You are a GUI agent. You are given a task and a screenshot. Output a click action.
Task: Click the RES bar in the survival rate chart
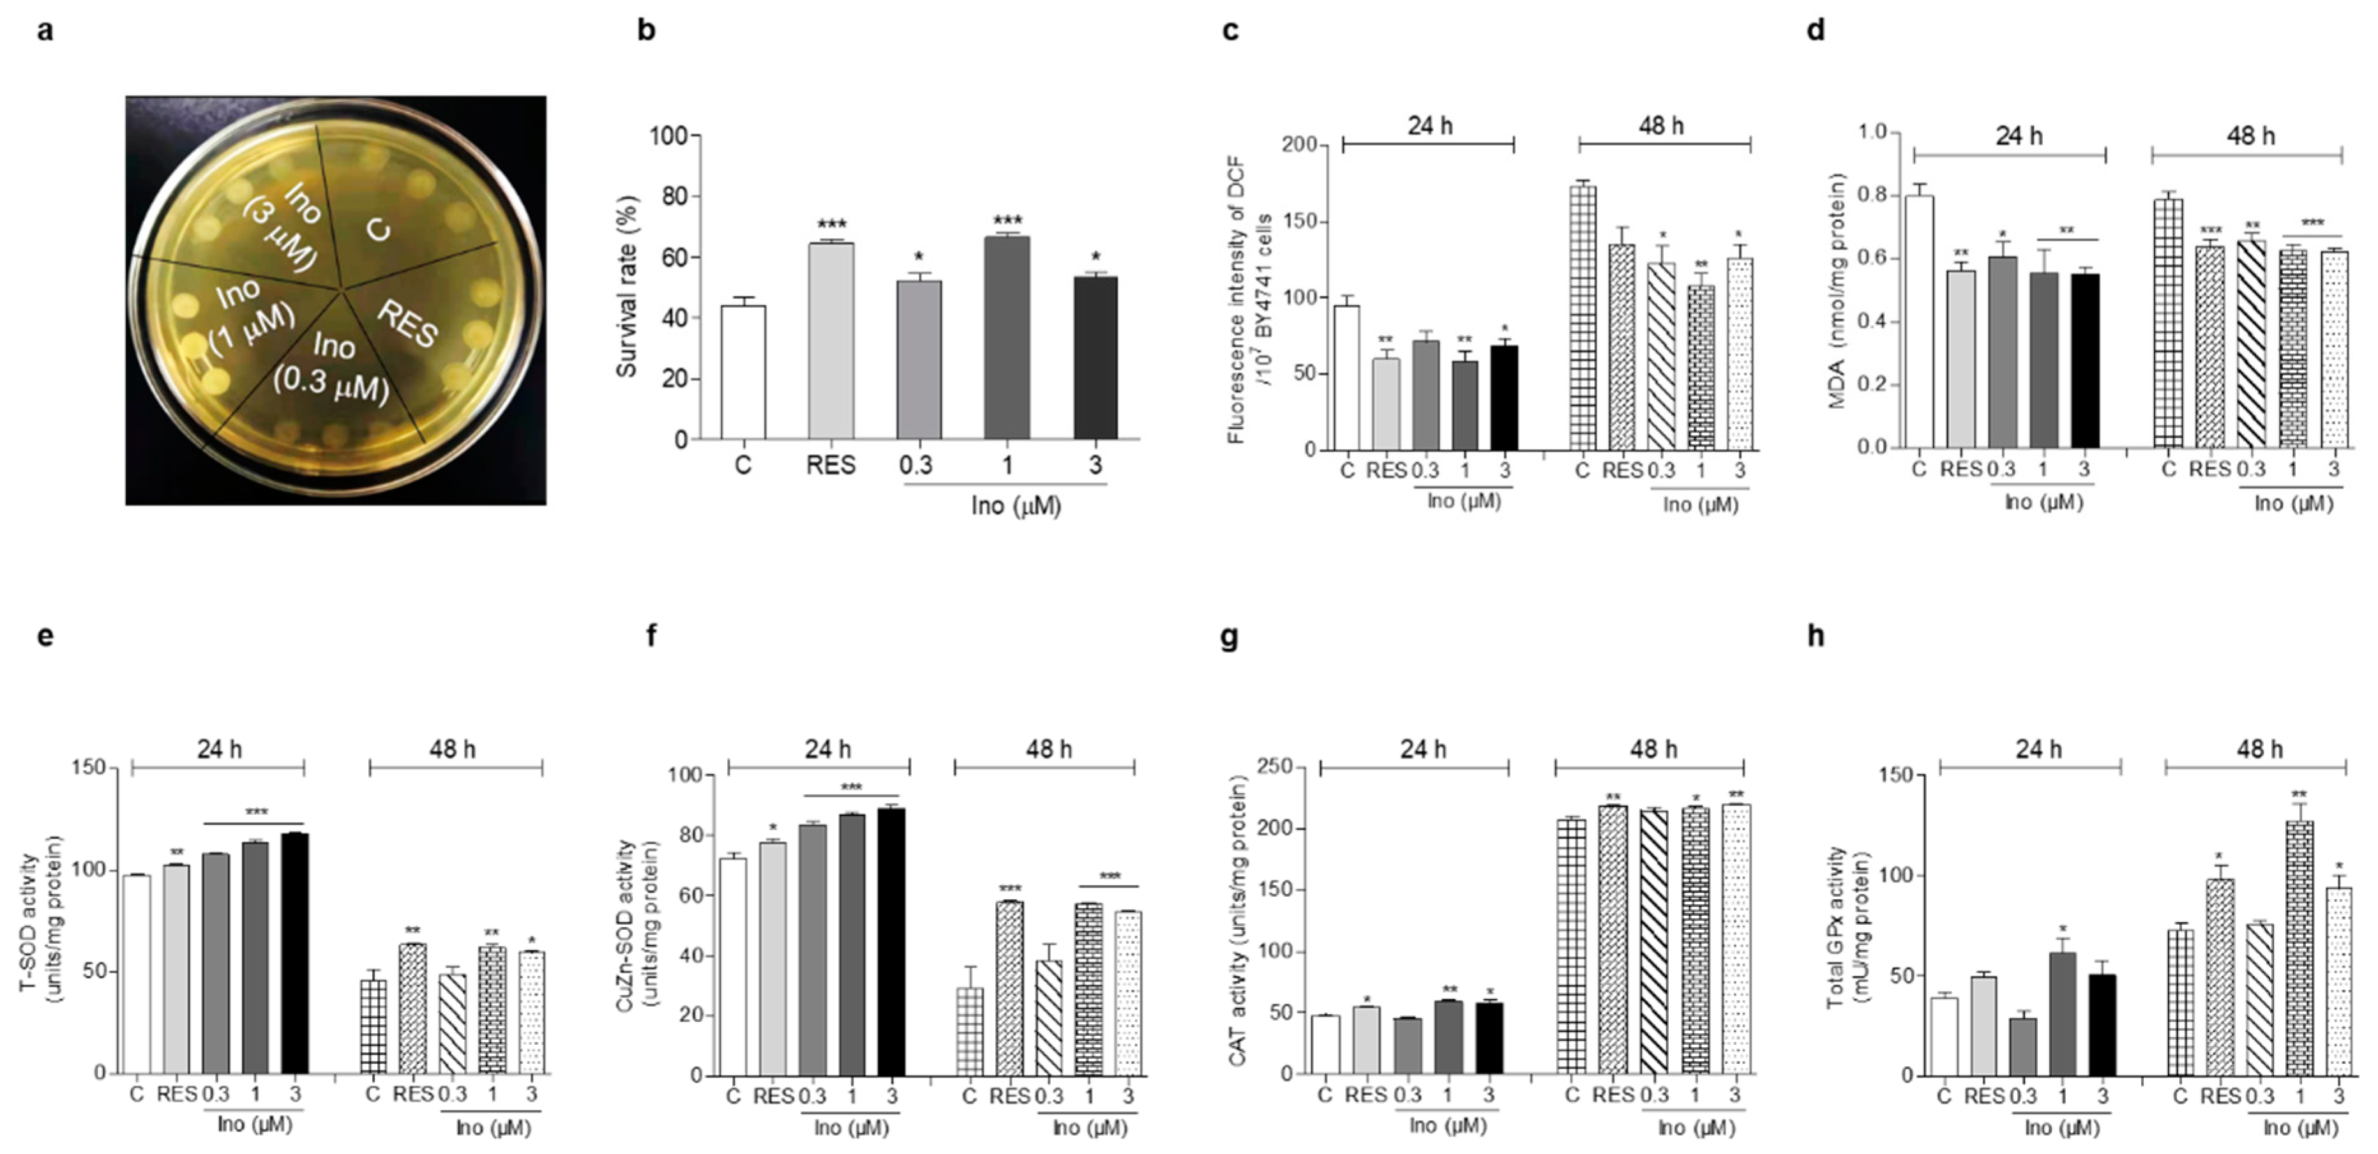click(x=831, y=342)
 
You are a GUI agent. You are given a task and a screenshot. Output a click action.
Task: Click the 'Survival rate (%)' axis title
click(x=627, y=286)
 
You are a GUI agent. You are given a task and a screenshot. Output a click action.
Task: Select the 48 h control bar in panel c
click(x=1583, y=319)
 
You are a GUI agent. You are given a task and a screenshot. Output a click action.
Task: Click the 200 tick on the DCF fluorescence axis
click(x=1299, y=145)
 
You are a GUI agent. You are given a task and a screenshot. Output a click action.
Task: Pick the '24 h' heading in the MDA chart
click(x=2019, y=137)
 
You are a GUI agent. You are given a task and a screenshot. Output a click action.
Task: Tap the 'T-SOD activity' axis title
click(x=39, y=923)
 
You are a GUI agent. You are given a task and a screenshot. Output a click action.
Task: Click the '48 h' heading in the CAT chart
click(x=1652, y=750)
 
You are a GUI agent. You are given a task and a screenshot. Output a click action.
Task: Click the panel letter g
click(x=1229, y=636)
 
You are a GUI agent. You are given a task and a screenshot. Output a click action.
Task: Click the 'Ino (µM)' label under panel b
click(x=1016, y=506)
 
